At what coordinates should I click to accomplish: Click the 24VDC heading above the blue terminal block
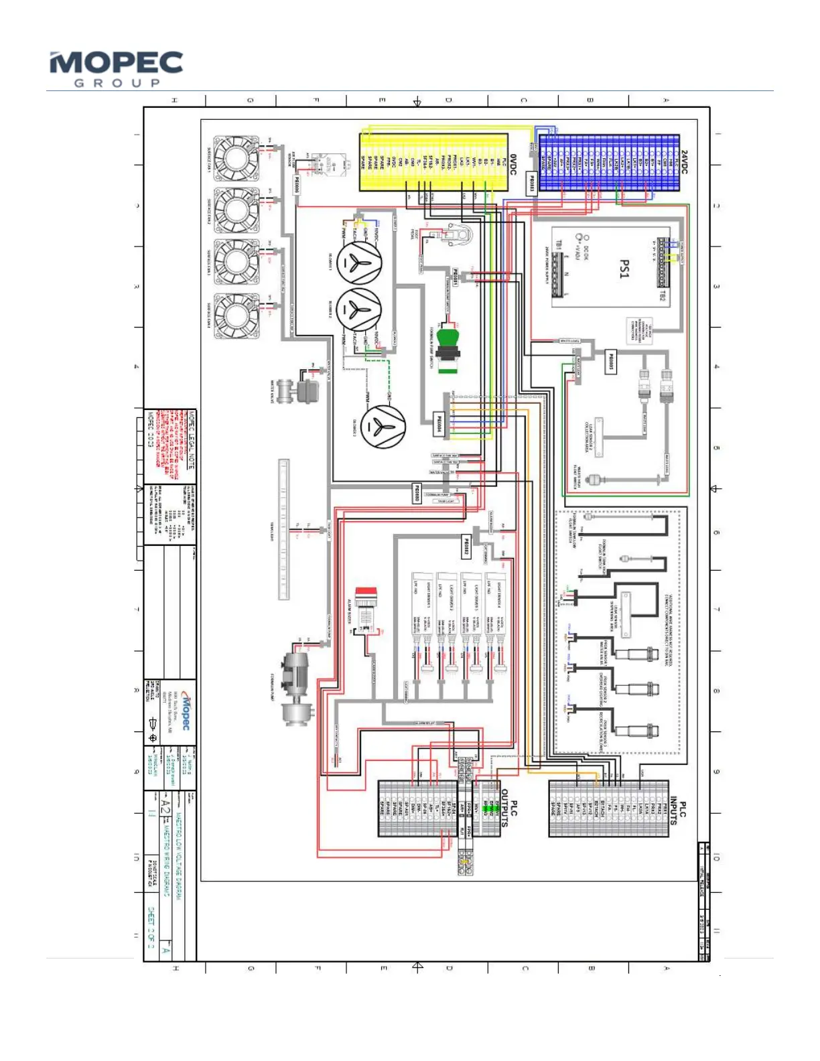[684, 162]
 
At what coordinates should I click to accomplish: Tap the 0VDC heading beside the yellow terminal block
[513, 164]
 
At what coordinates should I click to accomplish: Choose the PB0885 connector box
[610, 362]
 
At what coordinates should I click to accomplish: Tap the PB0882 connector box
[466, 546]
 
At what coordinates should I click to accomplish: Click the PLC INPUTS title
[678, 810]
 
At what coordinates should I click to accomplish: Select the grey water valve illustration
[298, 389]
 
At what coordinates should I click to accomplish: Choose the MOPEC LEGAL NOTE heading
[192, 439]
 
